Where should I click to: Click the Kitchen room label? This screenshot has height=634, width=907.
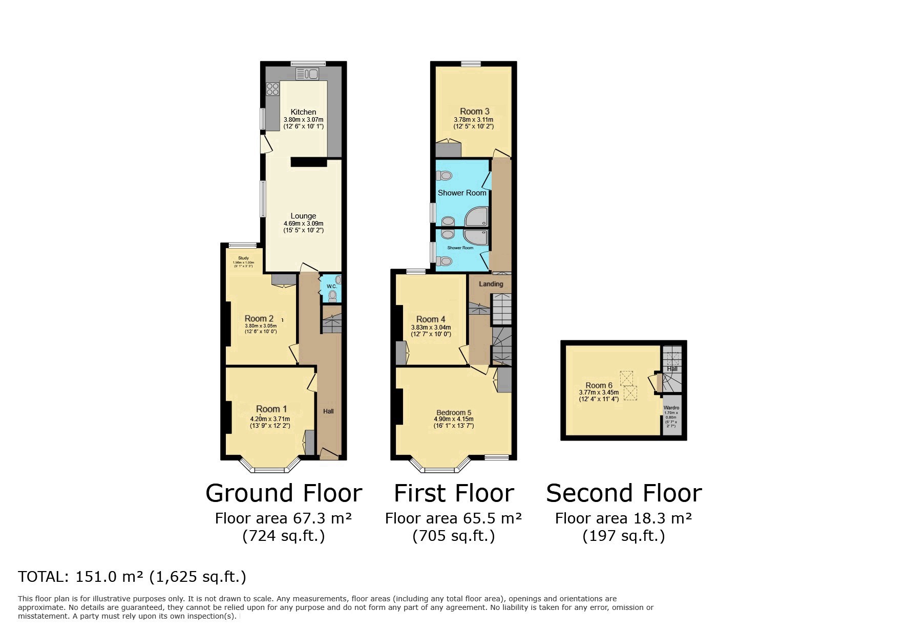[303, 112]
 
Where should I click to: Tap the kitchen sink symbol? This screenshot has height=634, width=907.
[307, 74]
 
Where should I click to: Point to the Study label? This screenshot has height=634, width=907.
[243, 258]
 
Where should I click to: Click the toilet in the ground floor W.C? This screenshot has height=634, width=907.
[333, 295]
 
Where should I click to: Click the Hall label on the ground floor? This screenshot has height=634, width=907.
[328, 411]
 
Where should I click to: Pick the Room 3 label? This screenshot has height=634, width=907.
[474, 111]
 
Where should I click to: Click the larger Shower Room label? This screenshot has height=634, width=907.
[461, 193]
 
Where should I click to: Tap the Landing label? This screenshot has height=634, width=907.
[491, 284]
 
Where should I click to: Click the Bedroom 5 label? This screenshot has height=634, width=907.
[453, 412]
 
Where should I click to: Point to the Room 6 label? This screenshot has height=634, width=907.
[599, 385]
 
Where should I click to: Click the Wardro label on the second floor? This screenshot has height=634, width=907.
[671, 408]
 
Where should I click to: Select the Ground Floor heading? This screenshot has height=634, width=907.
[283, 493]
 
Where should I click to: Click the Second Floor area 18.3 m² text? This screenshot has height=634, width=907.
[623, 518]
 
